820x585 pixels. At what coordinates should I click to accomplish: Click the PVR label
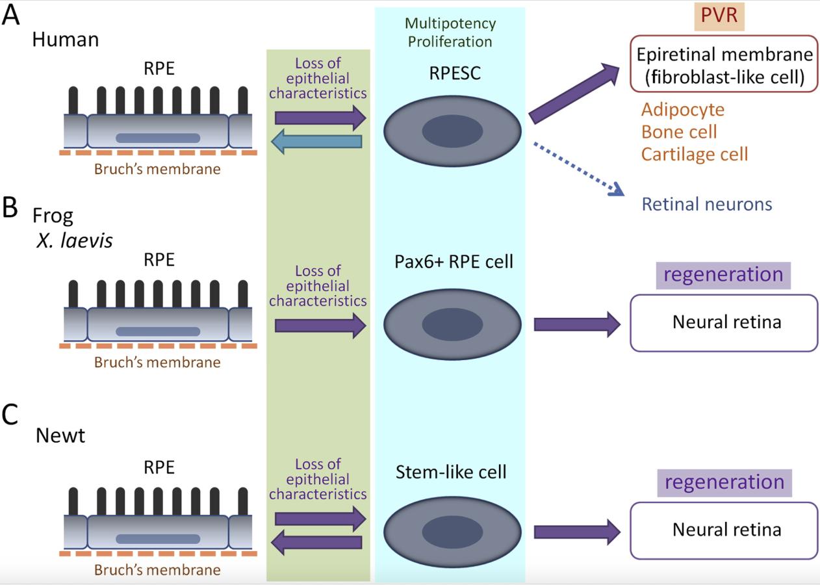coord(719,16)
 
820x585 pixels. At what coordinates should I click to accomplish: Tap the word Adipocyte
coord(682,109)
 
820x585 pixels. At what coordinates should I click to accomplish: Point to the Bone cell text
coord(679,132)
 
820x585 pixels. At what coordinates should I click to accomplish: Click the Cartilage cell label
coord(694,154)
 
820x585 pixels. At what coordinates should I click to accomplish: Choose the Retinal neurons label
coord(706,204)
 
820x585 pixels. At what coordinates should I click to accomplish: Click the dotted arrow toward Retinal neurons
coord(577,168)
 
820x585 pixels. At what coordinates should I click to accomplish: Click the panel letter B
coord(10,208)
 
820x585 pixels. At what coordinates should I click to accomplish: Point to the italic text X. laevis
coord(73,240)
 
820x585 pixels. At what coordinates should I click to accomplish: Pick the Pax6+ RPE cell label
coord(453,261)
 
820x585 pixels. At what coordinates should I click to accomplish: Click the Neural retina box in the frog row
coord(723,323)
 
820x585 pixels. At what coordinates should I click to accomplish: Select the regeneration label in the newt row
coord(723,482)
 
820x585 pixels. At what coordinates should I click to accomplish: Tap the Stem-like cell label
coord(451,471)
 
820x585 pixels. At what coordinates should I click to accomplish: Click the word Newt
coord(60,435)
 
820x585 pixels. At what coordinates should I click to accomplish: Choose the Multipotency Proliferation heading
coord(450,32)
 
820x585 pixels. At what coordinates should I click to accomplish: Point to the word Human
coord(65,40)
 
